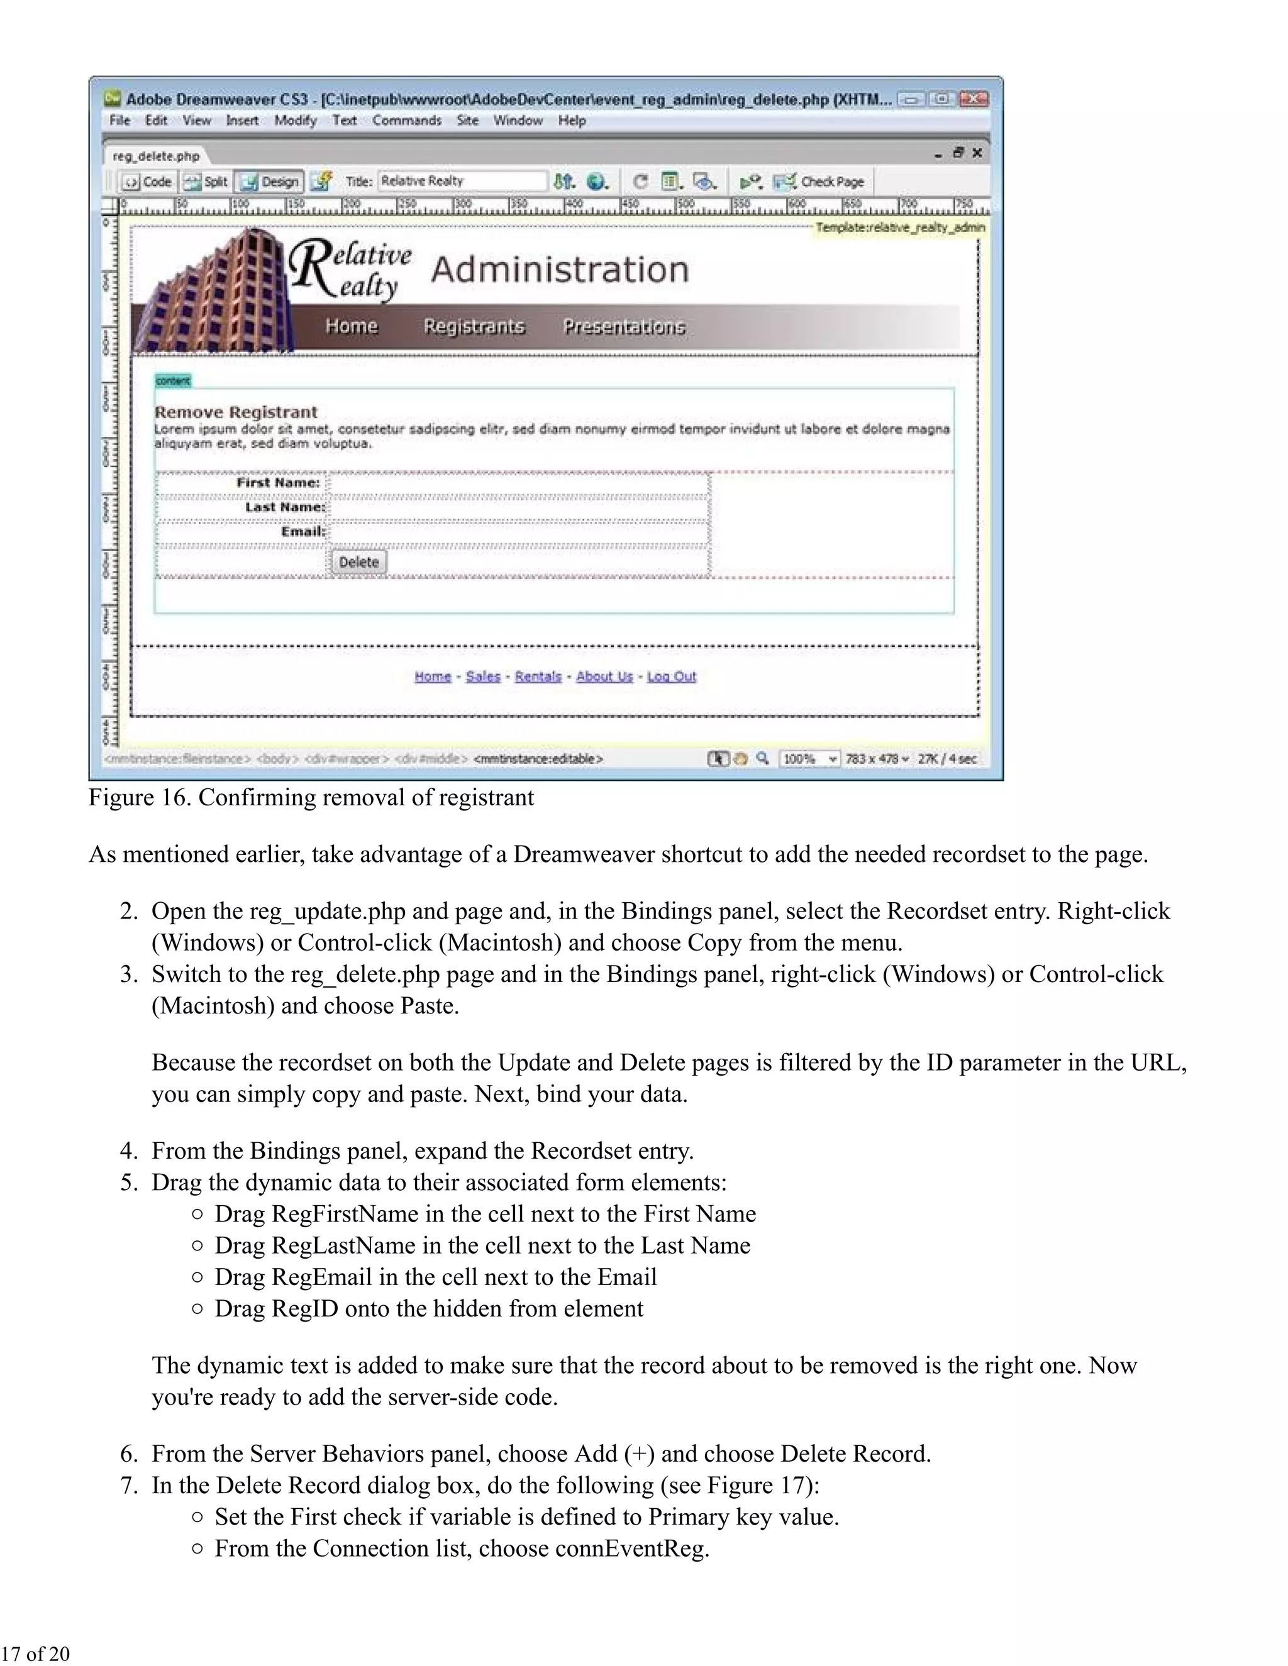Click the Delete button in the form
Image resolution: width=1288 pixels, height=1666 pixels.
pos(358,562)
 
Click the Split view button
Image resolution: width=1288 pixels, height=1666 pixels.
pos(208,182)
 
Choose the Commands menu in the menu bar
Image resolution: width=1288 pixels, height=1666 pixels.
pos(407,121)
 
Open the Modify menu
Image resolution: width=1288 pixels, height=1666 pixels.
pos(296,121)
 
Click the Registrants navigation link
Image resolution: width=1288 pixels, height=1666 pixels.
pos(474,326)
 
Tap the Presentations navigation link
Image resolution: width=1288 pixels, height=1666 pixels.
pos(623,326)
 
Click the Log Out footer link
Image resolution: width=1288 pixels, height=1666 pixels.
pos(672,676)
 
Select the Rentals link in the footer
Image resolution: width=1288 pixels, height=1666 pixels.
pos(538,676)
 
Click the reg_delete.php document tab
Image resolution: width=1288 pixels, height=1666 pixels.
pos(157,157)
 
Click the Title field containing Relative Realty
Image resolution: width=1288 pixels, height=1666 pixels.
pos(462,182)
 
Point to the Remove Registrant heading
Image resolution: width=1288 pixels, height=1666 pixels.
pos(236,412)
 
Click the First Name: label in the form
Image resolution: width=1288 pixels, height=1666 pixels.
pos(278,483)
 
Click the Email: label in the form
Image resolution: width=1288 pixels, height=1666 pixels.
pos(303,532)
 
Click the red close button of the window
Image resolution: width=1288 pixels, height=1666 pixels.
pos(974,99)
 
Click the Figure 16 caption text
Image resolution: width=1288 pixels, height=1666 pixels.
pos(311,798)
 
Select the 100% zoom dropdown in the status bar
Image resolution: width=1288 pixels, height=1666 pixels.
pos(809,759)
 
